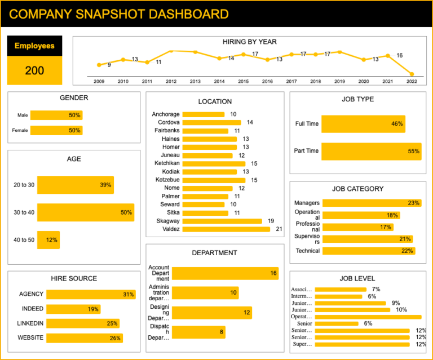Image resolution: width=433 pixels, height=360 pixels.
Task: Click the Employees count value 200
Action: coord(34,70)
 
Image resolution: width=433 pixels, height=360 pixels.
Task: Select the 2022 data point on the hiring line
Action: coord(412,74)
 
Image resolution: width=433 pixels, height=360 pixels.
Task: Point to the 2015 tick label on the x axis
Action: coord(243,82)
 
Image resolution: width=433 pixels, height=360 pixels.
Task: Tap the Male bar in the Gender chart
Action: coord(56,115)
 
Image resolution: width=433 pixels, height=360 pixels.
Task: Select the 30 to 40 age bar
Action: coord(86,212)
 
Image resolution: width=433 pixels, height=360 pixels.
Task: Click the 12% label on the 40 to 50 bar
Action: coord(52,240)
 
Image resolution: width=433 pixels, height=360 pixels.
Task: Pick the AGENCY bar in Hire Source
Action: coord(91,294)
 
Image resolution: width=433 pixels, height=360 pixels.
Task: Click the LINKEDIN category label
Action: coord(31,323)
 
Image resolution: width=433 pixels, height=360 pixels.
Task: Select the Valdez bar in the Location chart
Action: coord(227,229)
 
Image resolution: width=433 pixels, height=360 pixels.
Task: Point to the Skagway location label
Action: coord(168,221)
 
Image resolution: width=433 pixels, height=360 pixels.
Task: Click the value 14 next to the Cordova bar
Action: coord(250,122)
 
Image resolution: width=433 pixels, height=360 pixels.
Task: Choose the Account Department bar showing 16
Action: coord(225,273)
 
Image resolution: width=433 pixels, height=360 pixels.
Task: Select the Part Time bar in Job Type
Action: coord(371,151)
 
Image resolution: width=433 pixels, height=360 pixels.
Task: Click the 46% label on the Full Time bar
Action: coord(397,124)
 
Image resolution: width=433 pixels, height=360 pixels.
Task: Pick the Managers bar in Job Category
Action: coord(372,203)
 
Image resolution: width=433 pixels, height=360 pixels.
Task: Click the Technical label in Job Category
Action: coord(307,251)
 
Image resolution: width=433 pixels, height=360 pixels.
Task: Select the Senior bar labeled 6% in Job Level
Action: coord(337,323)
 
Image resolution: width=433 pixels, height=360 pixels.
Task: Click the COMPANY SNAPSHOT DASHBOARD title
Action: coord(119,14)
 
